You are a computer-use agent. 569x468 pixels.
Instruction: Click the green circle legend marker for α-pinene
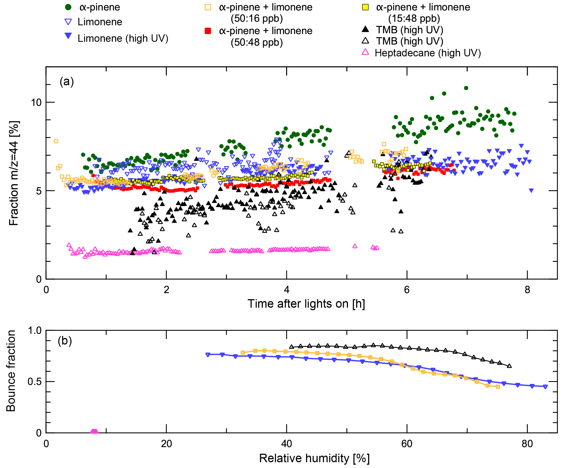(68, 7)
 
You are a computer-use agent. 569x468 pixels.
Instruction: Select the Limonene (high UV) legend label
(123, 38)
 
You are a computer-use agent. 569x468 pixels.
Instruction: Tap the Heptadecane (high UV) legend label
(428, 53)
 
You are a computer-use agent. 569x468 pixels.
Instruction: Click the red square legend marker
(208, 31)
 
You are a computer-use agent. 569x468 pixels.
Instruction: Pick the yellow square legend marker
(365, 7)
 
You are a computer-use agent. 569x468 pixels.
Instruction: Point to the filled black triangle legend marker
(365, 29)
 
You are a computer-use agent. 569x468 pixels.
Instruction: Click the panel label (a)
(67, 82)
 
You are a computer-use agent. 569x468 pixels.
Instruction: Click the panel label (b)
(65, 341)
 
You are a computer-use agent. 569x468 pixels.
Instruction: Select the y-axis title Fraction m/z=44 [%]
(14, 173)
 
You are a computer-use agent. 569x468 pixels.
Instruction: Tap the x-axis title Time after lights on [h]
(306, 304)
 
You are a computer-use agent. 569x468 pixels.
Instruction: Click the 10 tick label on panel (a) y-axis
(36, 103)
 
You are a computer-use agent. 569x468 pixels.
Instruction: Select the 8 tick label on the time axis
(527, 290)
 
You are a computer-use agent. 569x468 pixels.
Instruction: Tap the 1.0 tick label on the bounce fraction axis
(34, 331)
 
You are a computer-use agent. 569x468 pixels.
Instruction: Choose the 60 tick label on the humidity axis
(407, 444)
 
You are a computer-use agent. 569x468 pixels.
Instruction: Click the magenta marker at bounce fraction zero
(94, 432)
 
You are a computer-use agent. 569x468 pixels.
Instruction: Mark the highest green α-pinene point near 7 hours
(466, 88)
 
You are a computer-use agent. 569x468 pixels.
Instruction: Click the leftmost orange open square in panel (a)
(56, 141)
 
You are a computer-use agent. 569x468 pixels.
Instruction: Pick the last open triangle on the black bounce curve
(509, 366)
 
